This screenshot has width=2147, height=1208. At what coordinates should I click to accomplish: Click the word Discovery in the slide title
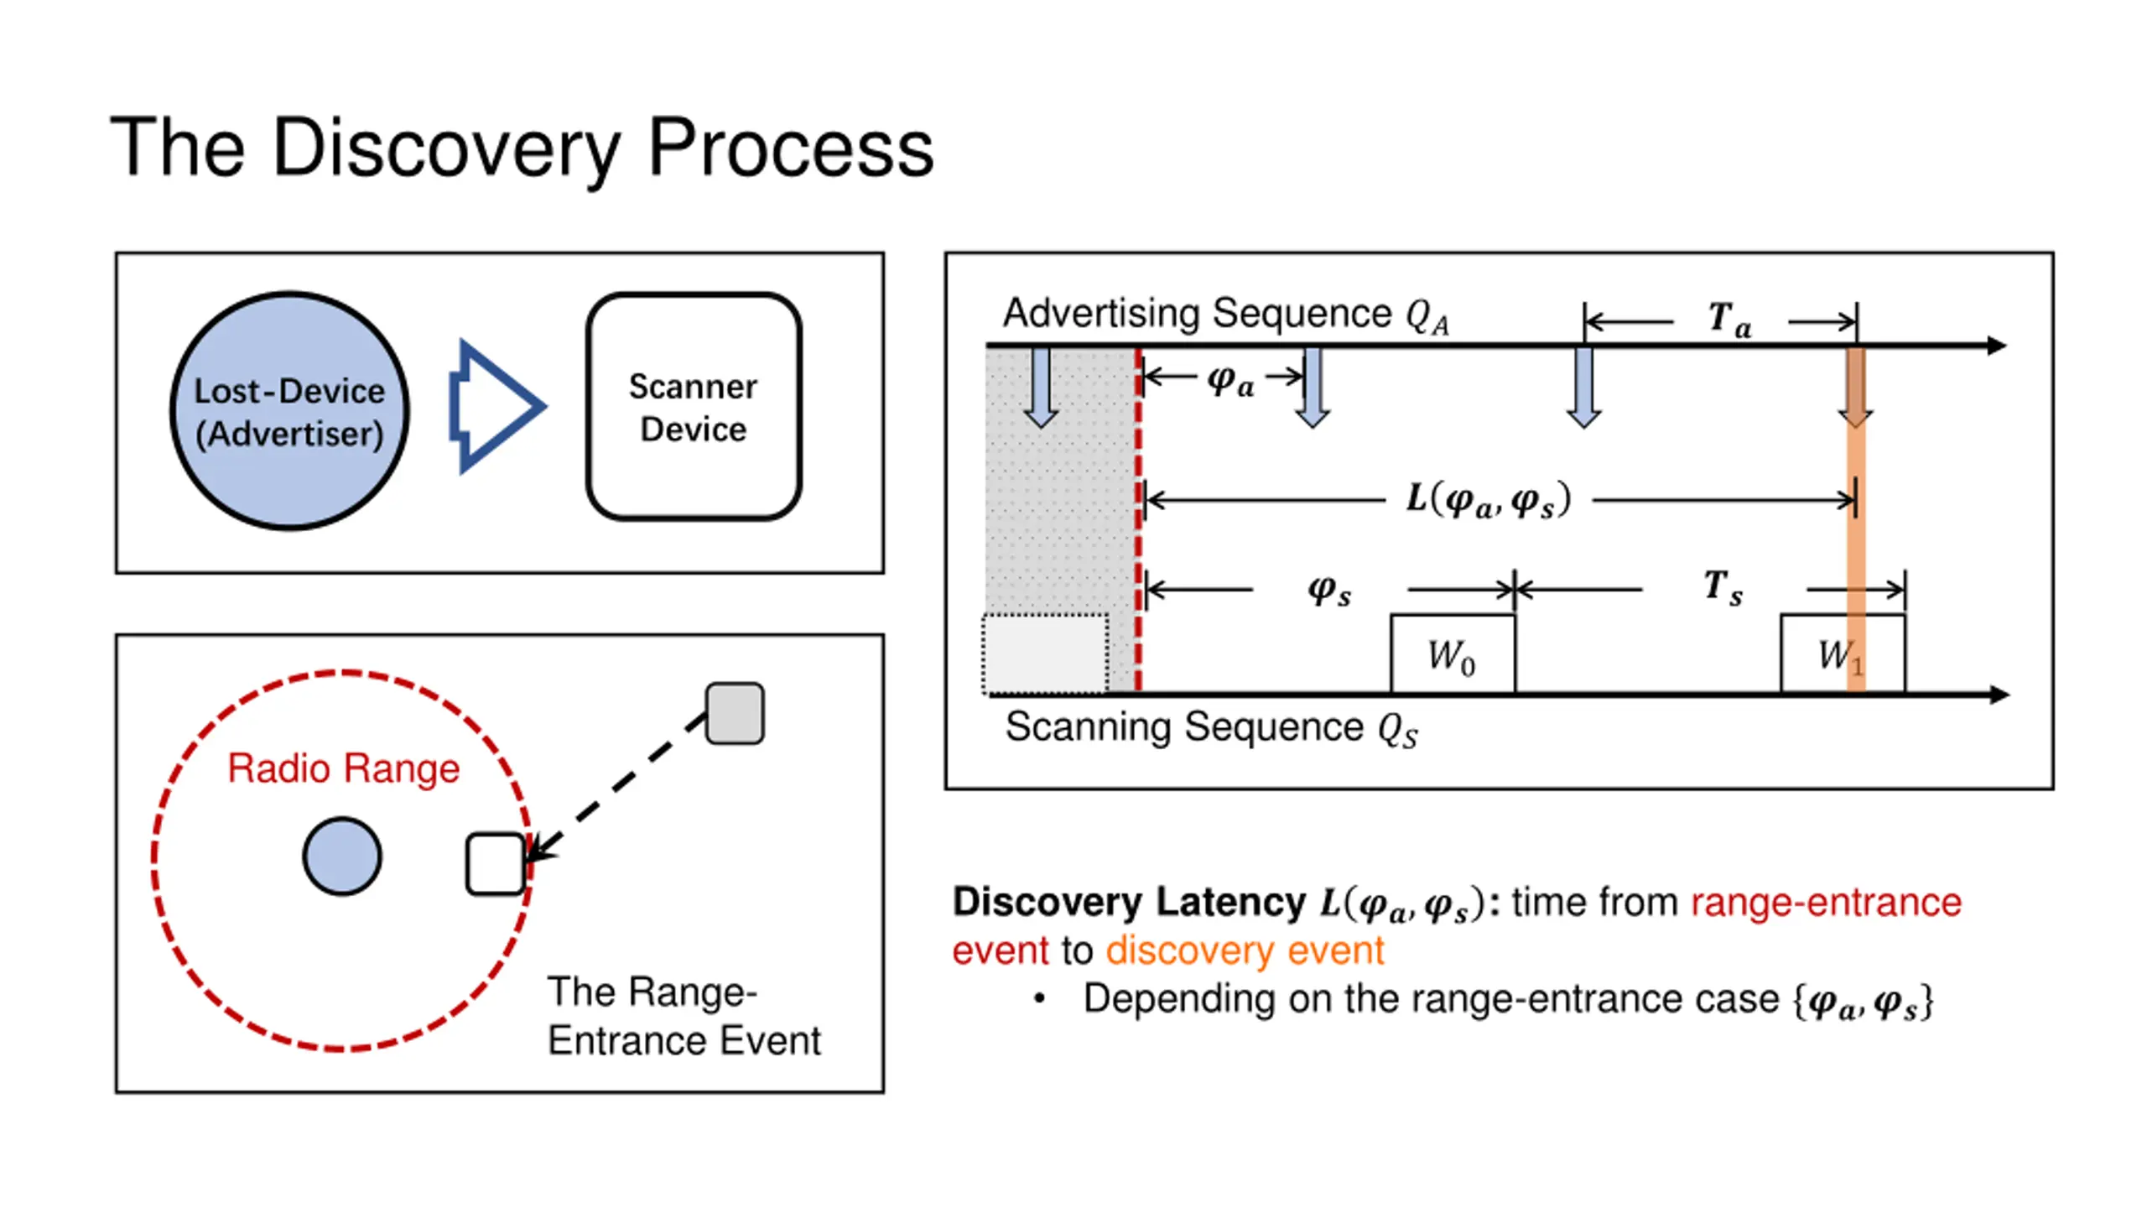coord(445,149)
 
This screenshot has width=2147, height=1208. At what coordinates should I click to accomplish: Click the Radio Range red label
coord(344,768)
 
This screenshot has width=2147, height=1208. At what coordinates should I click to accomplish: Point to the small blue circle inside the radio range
coord(342,857)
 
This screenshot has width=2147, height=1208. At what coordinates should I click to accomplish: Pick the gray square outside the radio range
coord(735,713)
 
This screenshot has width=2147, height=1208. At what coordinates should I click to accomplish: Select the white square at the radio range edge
coord(496,864)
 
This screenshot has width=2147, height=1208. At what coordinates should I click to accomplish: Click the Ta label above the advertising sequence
coord(1729,320)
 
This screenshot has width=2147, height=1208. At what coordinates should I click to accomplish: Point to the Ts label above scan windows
coord(1723,586)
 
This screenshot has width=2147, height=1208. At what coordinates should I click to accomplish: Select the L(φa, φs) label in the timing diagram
coord(1488,500)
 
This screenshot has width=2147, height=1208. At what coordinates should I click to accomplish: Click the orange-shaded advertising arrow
coord(1855,388)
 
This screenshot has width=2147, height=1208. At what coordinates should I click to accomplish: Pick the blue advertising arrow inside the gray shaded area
coord(1041,388)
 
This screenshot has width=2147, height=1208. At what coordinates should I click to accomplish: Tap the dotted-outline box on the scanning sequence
coord(1045,654)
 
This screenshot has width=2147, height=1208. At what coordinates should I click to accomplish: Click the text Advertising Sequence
coord(1198,314)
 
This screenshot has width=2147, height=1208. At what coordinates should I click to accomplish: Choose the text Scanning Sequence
coord(1184,726)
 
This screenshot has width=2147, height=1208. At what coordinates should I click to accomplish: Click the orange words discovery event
coord(1245,950)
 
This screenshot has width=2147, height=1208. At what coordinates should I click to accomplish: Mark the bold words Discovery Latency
coord(1129,902)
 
